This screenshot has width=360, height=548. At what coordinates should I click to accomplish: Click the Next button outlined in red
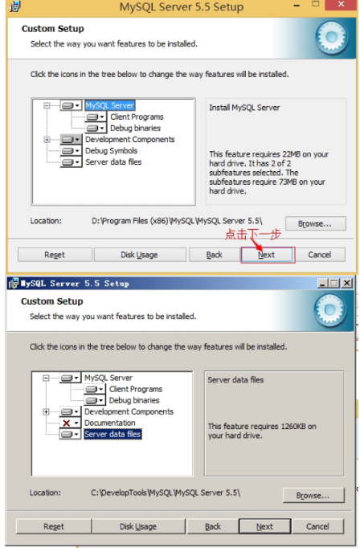(x=266, y=255)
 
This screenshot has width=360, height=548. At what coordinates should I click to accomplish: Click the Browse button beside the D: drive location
(x=315, y=223)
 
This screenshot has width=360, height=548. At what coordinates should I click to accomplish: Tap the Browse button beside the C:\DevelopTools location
(x=313, y=496)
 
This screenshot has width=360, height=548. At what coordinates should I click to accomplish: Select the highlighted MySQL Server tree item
(x=110, y=105)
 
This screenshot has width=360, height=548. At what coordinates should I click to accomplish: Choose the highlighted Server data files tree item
(x=112, y=434)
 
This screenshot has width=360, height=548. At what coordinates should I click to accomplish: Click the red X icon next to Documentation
(x=67, y=423)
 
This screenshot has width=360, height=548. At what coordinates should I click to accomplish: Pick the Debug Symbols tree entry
(x=111, y=150)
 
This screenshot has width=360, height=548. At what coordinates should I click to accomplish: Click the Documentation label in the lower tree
(x=110, y=423)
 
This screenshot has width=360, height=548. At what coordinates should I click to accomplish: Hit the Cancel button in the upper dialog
(x=320, y=255)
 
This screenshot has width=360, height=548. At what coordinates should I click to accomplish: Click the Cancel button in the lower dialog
(x=317, y=526)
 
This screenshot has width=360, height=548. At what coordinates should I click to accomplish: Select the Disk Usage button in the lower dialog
(x=138, y=526)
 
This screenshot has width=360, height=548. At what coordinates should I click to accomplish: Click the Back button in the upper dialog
(x=215, y=255)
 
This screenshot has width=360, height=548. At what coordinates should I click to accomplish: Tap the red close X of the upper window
(x=342, y=5)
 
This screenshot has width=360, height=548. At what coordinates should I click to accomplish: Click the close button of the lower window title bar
(x=346, y=283)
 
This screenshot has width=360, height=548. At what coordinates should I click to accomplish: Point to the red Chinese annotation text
(x=252, y=234)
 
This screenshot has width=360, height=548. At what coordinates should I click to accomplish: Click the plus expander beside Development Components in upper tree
(x=47, y=140)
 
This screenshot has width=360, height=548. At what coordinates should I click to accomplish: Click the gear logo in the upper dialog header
(x=331, y=37)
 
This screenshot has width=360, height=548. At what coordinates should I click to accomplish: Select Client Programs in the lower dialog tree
(x=136, y=389)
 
